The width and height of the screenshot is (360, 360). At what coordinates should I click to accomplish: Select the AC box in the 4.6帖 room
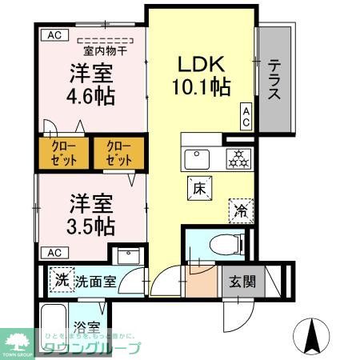[54, 34]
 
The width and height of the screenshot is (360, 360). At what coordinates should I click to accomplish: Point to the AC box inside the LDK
[246, 116]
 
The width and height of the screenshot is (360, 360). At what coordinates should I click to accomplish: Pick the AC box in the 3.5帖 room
[54, 252]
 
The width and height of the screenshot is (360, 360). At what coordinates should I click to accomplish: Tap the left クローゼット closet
[63, 154]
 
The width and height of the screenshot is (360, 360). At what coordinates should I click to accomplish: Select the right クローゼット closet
[118, 154]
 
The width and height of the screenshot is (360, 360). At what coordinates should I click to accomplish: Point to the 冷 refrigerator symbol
[240, 210]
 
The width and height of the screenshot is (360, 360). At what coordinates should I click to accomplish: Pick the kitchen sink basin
[198, 158]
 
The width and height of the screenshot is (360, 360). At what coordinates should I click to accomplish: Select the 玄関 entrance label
[242, 282]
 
